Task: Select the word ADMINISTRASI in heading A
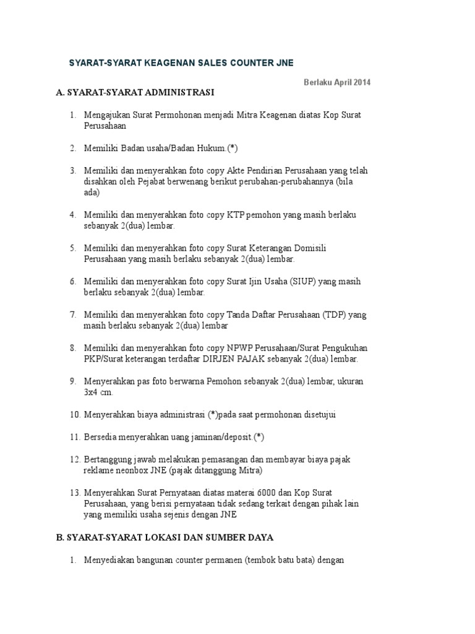[179, 93]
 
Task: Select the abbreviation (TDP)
[334, 315]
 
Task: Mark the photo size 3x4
[93, 393]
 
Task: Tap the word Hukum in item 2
[210, 148]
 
